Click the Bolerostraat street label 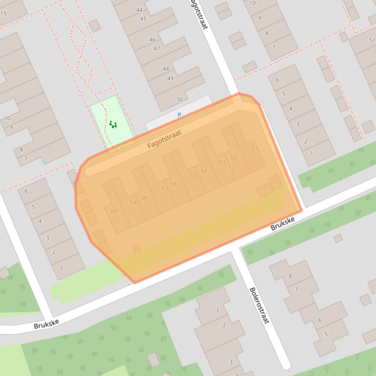(259, 305)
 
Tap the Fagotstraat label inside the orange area (164, 139)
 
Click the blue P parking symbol (179, 115)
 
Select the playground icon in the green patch (113, 125)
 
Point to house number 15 (4, 13)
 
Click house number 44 (139, 10)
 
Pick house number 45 (143, 19)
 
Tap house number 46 (153, 40)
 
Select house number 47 (156, 48)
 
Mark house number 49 (170, 78)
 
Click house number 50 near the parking (179, 100)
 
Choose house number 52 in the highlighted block (233, 157)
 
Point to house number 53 (222, 162)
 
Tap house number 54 (203, 170)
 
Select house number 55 (193, 175)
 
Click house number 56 (174, 184)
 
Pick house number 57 (164, 188)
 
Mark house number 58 (144, 198)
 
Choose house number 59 (133, 203)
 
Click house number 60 (114, 211)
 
